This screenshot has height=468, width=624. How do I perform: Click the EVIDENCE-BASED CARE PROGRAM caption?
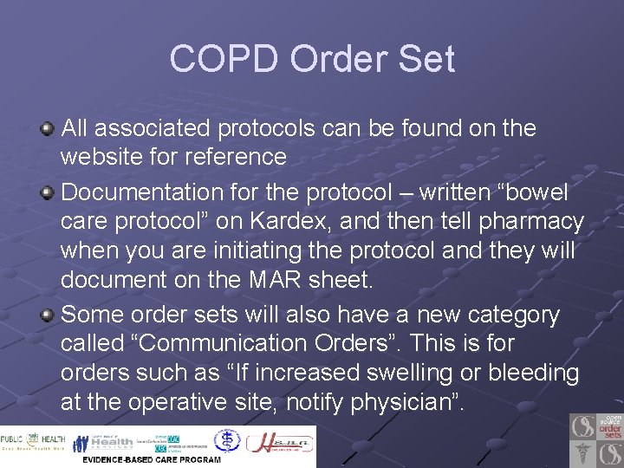152,459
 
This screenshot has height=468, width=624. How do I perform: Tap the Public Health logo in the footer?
33,442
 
